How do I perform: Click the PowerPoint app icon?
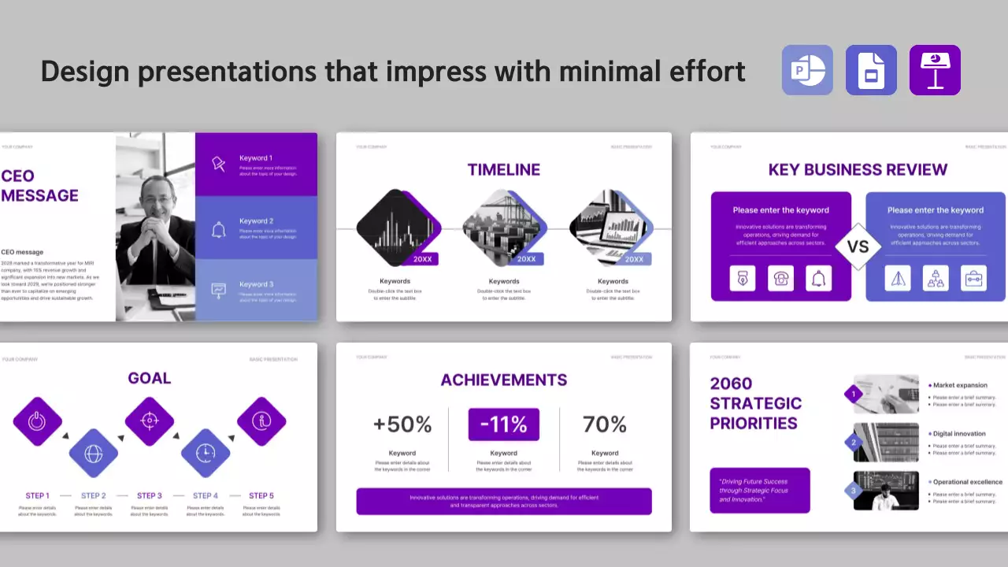coord(807,70)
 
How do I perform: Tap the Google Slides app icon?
coord(871,70)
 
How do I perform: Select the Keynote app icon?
coord(935,70)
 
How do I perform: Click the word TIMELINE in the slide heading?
coord(504,169)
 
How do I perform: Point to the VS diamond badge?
coord(858,246)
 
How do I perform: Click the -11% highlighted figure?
coord(504,424)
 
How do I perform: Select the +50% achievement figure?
coord(402,424)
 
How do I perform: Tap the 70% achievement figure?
coord(605,424)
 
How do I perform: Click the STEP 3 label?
coord(150,496)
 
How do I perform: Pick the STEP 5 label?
coord(261,496)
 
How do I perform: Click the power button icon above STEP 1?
coord(37,421)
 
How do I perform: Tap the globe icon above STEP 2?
coord(93,453)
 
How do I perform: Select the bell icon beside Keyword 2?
coord(219,229)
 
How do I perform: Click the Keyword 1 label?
coord(256,158)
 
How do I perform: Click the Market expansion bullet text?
coord(960,385)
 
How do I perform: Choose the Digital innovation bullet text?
coord(959,434)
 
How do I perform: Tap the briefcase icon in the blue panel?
coord(974,278)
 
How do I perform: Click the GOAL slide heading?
coord(150,378)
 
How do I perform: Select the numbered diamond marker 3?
coord(854,491)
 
